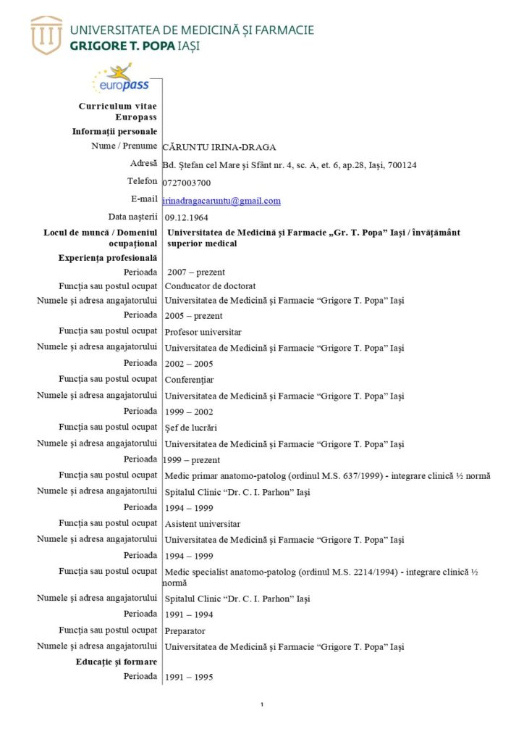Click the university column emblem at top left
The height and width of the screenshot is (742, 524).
point(46,34)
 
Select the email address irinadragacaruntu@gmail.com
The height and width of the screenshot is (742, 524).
point(221,201)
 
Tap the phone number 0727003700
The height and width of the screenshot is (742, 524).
point(187,183)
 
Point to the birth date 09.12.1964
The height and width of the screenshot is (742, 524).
point(188,217)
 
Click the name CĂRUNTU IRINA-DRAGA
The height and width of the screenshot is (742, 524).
point(210,147)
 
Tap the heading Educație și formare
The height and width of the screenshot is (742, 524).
point(117,662)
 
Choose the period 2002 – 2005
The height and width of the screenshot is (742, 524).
point(189,364)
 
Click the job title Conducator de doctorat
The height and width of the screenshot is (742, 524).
point(210,286)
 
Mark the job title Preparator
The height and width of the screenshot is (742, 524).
point(185,631)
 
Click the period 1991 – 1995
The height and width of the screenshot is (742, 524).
point(189,677)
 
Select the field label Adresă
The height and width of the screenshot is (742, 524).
point(143,164)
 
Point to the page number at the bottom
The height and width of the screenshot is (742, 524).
point(261,704)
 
